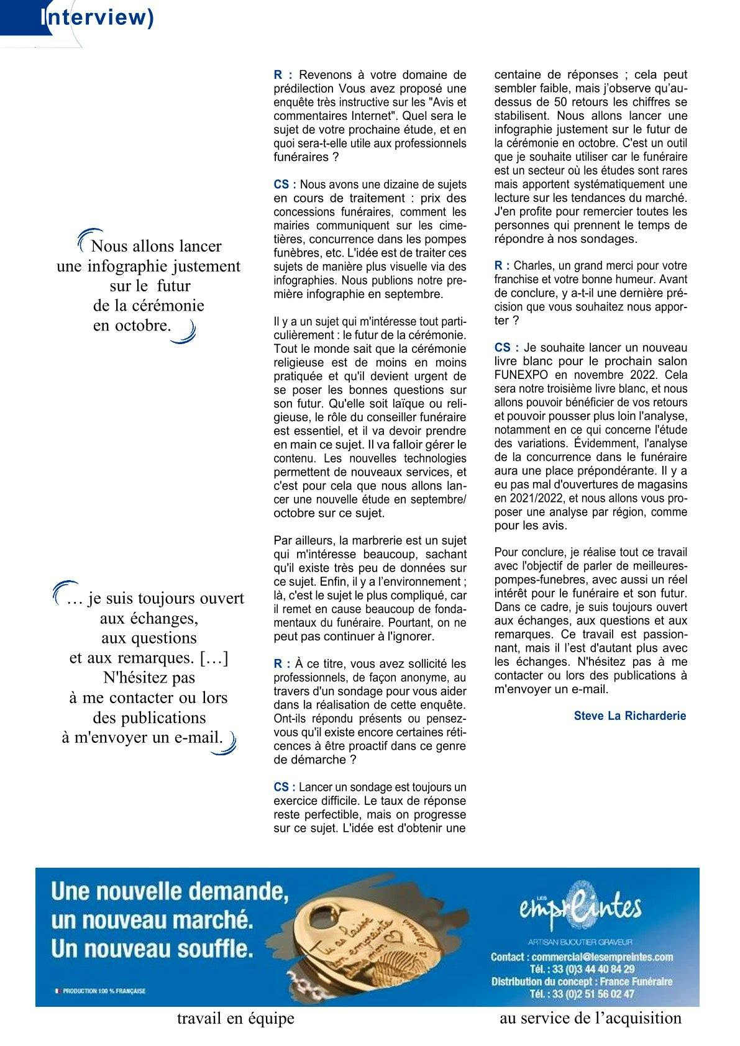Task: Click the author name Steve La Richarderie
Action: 629,716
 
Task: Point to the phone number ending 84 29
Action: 582,969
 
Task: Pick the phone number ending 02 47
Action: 582,994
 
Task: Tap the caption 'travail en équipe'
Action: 235,1019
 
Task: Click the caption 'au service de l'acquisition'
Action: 590,1018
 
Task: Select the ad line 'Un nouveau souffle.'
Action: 153,948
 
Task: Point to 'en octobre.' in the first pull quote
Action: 132,325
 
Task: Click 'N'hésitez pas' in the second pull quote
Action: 148,677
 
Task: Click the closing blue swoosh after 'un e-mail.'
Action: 226,744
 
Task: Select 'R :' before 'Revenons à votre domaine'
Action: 283,75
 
